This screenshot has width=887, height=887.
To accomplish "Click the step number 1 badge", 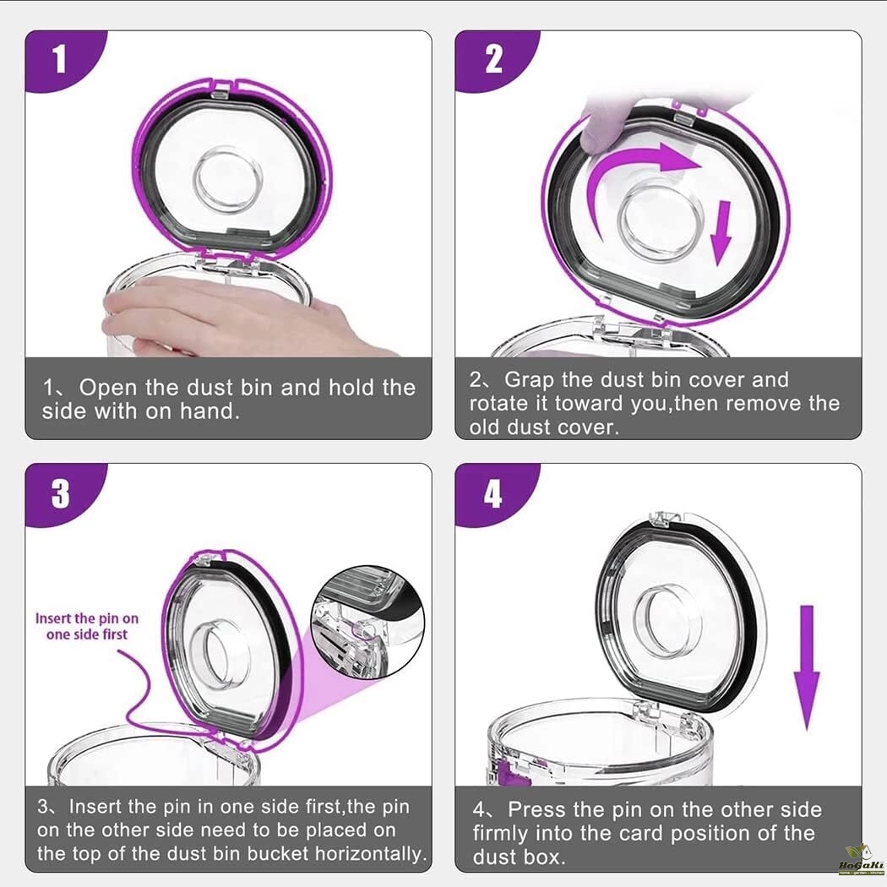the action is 60,59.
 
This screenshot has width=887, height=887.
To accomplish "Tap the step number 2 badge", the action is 493,59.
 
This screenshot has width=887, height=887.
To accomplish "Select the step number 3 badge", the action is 60,493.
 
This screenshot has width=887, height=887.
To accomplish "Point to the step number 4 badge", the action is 493,494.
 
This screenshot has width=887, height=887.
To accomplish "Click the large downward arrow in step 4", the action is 807,667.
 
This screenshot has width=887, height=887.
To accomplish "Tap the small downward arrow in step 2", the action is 721,232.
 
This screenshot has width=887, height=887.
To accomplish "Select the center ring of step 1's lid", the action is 227,180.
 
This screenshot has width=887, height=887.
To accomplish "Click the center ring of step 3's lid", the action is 213,655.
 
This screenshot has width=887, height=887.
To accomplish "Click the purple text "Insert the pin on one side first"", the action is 86,626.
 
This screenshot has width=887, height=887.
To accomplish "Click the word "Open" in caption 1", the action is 107,388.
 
